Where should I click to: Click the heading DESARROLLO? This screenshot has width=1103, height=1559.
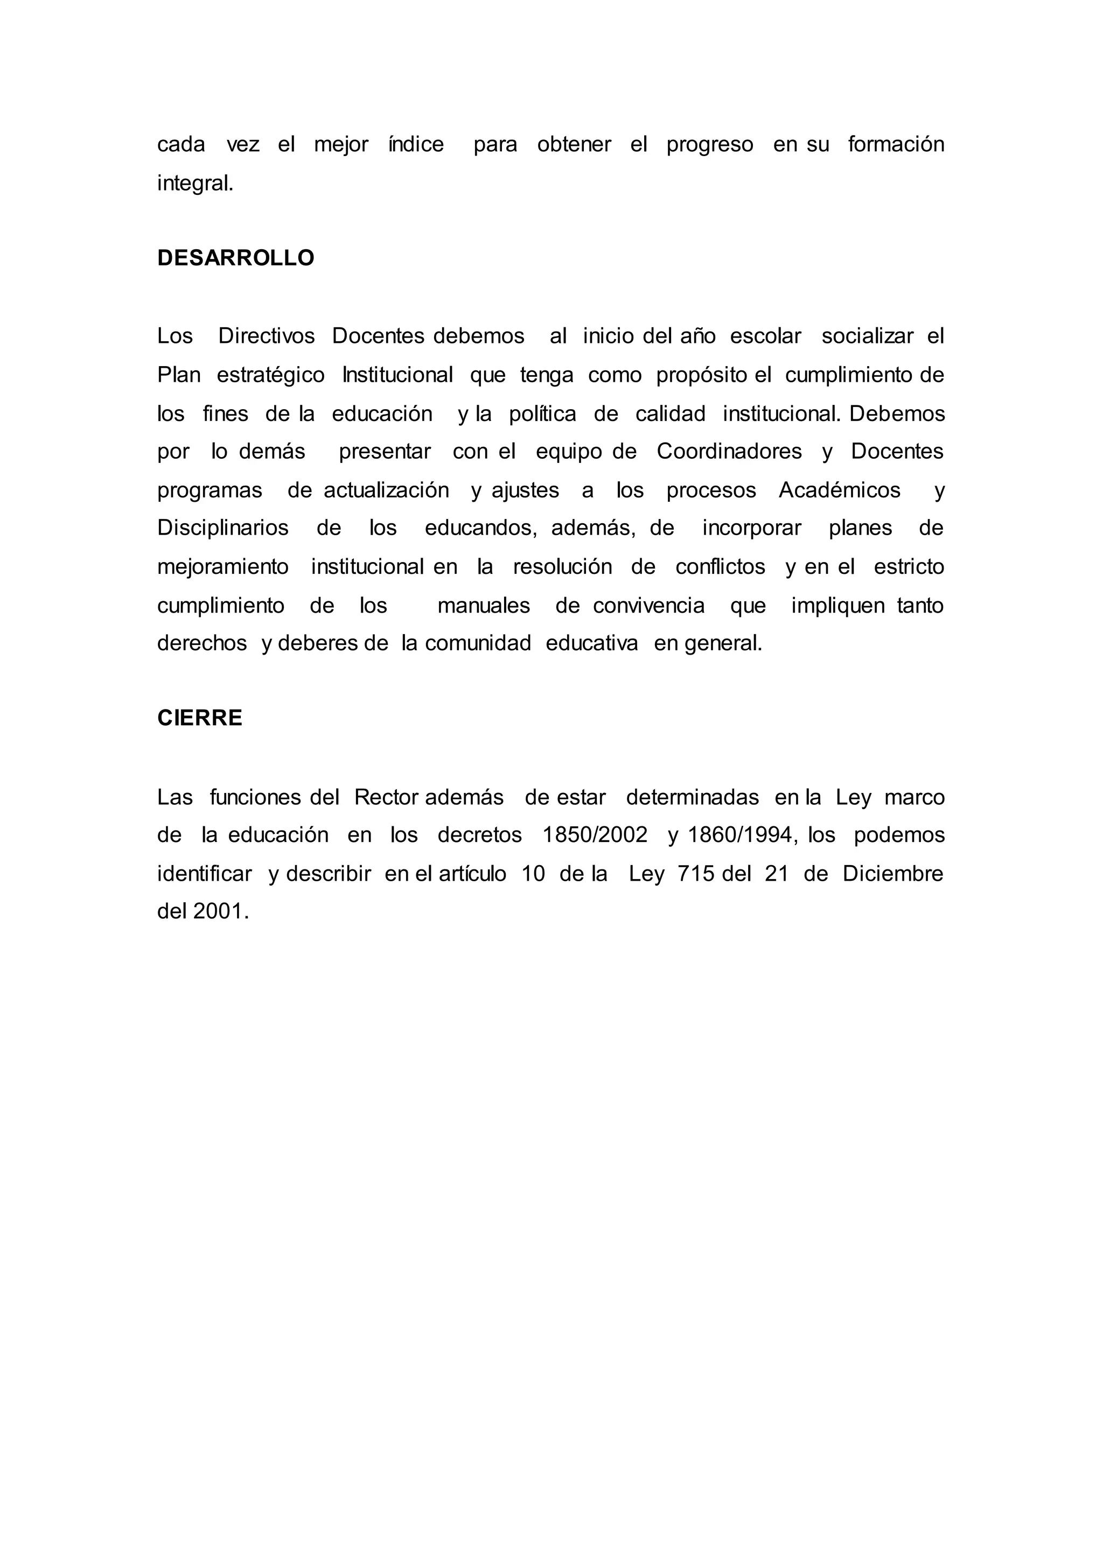point(236,258)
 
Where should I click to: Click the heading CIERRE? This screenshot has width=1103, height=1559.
point(200,718)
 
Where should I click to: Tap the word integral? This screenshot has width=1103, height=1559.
point(195,184)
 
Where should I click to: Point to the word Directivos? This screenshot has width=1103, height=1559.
point(266,336)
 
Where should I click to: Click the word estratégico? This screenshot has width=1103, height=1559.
point(270,375)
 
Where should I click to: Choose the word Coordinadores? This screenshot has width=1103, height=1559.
point(729,452)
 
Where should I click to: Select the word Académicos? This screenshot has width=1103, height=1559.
point(840,490)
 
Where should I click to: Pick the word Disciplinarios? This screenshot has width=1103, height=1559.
point(223,528)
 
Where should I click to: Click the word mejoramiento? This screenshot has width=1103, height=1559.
point(223,567)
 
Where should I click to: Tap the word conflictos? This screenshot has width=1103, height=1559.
point(720,567)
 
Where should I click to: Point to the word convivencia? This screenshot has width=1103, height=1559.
point(648,606)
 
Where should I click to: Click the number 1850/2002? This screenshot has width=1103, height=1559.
point(595,835)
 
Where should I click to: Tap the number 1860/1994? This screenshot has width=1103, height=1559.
point(742,835)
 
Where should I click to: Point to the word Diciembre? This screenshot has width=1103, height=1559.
point(893,874)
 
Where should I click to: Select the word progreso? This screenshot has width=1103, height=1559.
point(710,145)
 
